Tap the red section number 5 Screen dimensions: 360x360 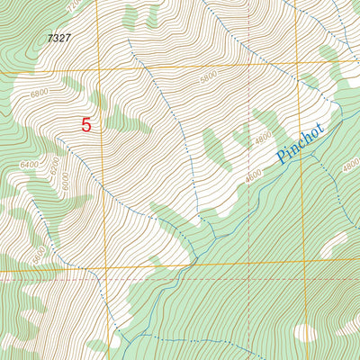click(x=86, y=125)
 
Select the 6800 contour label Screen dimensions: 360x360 click(x=40, y=93)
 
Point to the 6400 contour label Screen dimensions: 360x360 click(x=31, y=165)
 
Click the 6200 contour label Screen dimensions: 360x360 click(x=54, y=166)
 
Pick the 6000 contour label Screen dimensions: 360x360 click(x=66, y=181)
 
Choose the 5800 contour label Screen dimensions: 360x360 click(x=210, y=78)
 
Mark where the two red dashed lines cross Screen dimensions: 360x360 click(x=249, y=278)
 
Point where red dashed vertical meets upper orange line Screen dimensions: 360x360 click(x=249, y=64)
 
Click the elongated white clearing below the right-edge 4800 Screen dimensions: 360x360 click(x=334, y=243)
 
